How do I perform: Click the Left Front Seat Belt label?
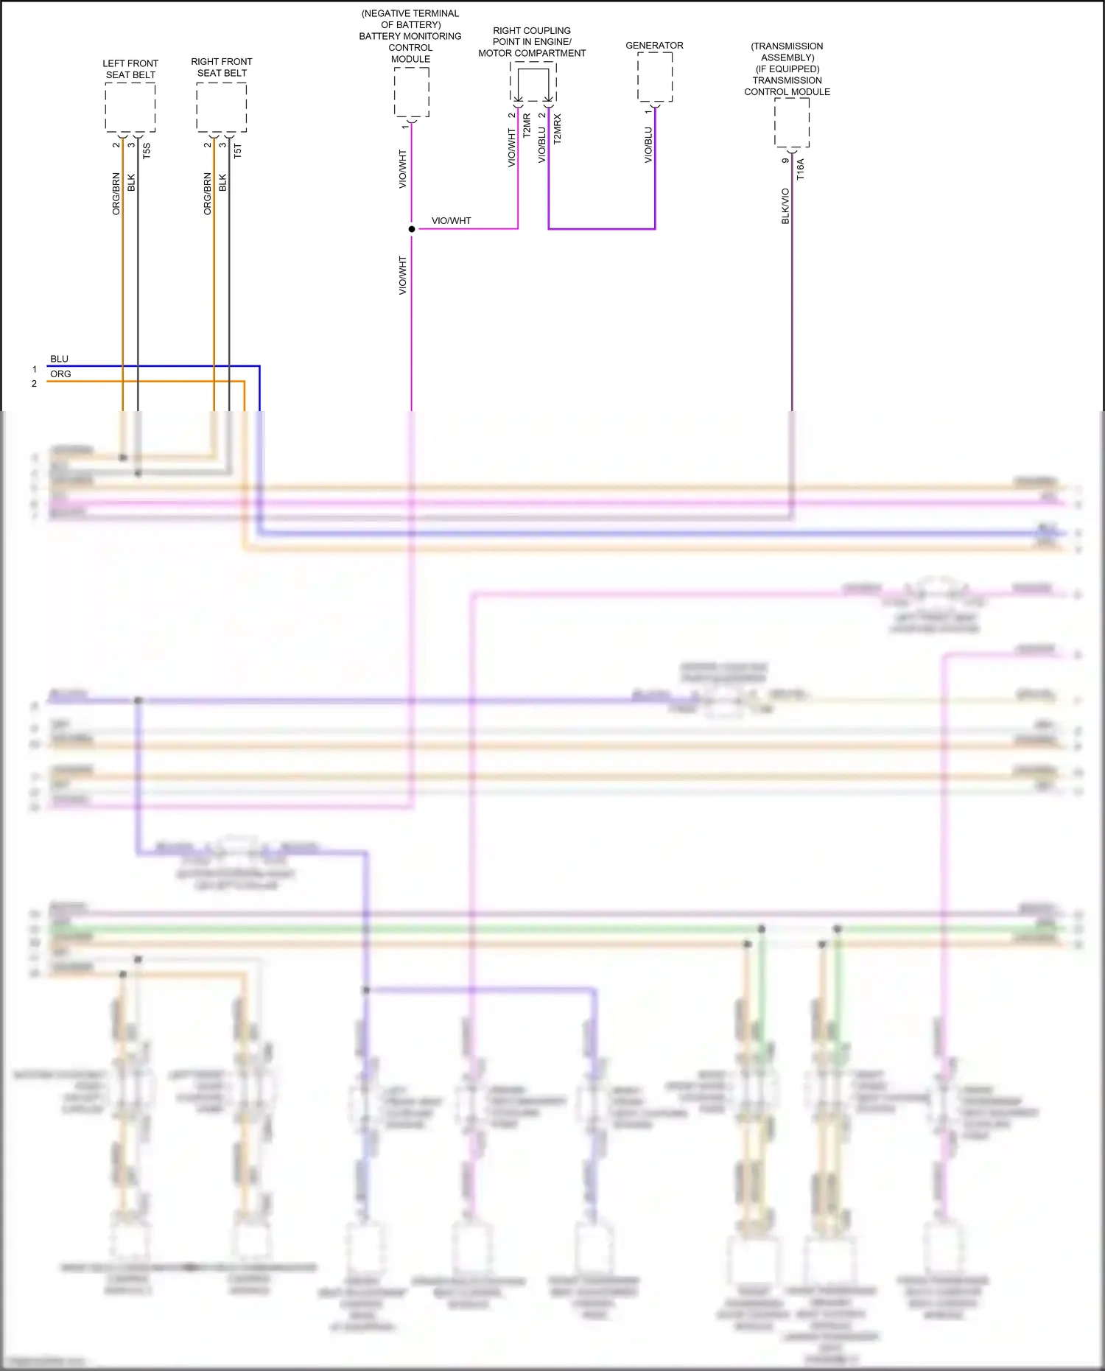click(x=130, y=69)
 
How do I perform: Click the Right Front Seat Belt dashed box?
click(x=221, y=108)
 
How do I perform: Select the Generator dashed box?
click(x=655, y=77)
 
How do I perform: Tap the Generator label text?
click(x=654, y=46)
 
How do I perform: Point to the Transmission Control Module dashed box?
click(x=792, y=122)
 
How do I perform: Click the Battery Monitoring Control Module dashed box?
click(x=412, y=92)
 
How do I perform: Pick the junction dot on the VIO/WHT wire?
click(x=412, y=229)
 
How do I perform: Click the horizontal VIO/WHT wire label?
click(x=451, y=221)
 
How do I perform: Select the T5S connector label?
click(x=147, y=151)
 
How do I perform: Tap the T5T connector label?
click(x=237, y=151)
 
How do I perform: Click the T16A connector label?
click(x=801, y=169)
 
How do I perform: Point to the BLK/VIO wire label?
click(x=785, y=206)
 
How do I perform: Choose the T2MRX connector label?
click(x=558, y=128)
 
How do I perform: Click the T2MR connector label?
click(x=527, y=125)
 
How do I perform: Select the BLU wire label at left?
click(x=59, y=360)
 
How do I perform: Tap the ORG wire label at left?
click(x=60, y=374)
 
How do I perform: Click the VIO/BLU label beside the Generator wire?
click(x=648, y=145)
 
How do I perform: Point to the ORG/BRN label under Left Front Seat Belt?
click(x=116, y=194)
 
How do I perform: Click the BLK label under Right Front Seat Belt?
click(x=222, y=183)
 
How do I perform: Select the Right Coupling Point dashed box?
click(x=533, y=82)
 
